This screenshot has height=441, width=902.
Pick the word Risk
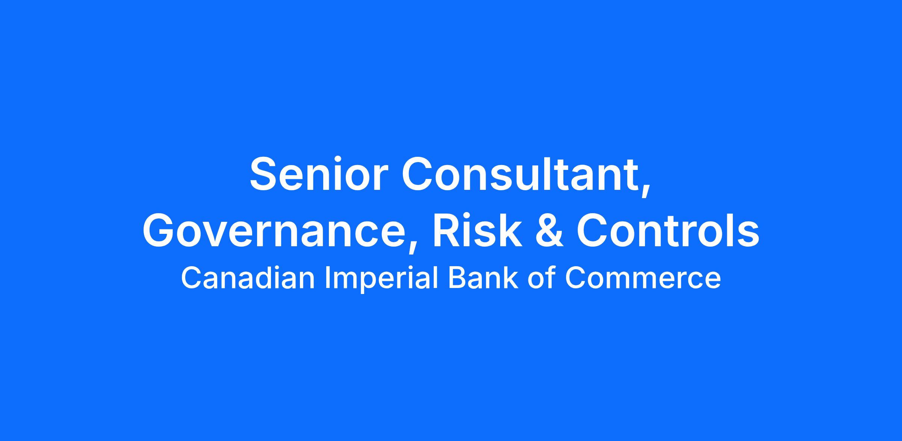pyautogui.click(x=477, y=230)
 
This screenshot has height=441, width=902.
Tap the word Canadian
pyautogui.click(x=248, y=278)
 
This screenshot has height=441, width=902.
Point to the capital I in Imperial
pyautogui.click(x=327, y=278)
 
